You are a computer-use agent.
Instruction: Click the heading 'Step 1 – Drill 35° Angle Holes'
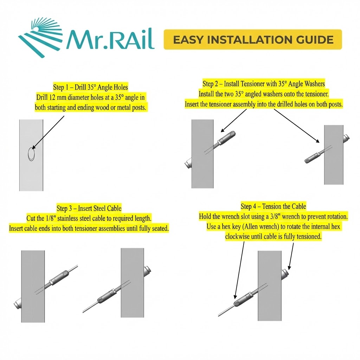pyautogui.click(x=90, y=87)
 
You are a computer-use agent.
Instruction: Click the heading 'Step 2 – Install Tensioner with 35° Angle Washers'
pyautogui.click(x=264, y=84)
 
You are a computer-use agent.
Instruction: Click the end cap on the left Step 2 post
pyautogui.click(x=188, y=163)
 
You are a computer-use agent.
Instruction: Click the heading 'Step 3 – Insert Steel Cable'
pyautogui.click(x=89, y=208)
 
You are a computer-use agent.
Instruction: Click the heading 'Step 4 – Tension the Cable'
pyautogui.click(x=273, y=206)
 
